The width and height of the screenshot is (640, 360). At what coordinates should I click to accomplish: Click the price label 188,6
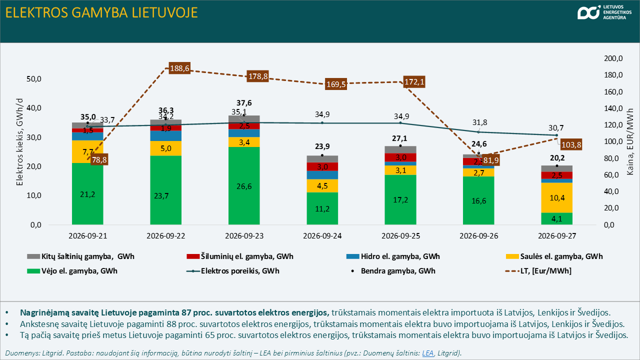click(x=179, y=68)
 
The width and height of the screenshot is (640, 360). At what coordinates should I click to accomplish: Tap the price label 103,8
click(x=571, y=144)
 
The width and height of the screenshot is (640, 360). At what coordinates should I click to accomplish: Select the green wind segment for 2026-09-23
click(x=244, y=185)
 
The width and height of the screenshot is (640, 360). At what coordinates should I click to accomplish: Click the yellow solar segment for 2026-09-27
click(x=557, y=197)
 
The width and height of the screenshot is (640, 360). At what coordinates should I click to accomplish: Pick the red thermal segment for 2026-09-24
click(x=322, y=166)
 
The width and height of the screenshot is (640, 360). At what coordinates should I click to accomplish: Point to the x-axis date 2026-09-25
click(x=400, y=236)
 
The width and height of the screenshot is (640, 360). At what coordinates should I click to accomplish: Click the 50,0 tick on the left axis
click(x=33, y=79)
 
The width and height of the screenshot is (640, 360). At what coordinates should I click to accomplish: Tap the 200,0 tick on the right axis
click(x=613, y=58)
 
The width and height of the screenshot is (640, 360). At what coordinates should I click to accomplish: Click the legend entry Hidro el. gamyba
click(x=393, y=256)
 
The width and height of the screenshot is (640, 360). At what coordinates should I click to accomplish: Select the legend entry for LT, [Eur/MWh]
click(x=538, y=271)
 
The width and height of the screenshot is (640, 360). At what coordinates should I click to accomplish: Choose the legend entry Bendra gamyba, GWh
click(x=393, y=271)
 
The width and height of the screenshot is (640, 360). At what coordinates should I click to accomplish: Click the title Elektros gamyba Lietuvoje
click(x=101, y=13)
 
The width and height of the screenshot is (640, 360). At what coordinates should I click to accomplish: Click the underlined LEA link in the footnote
click(x=427, y=353)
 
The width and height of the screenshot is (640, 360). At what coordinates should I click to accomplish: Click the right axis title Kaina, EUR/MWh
click(x=630, y=141)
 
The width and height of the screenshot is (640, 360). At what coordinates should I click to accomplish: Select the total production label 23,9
click(x=322, y=146)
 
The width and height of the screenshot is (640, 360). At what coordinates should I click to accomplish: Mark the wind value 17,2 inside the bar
click(x=400, y=199)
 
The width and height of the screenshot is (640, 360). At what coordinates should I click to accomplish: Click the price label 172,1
click(x=414, y=82)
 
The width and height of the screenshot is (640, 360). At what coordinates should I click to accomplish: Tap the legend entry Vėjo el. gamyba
click(x=72, y=271)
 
